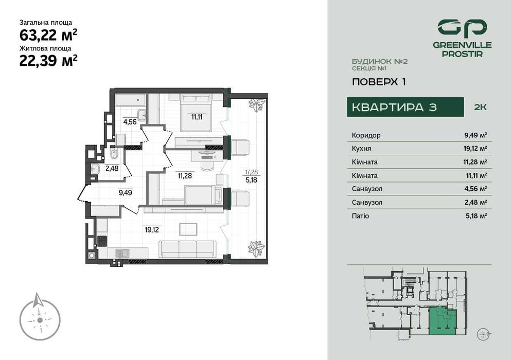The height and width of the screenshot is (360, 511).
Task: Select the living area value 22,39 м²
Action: (x=48, y=61)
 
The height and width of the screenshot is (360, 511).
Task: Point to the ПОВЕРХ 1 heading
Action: (x=375, y=82)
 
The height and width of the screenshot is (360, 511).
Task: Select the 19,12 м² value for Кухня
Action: (x=475, y=149)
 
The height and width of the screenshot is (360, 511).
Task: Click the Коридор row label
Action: (x=366, y=135)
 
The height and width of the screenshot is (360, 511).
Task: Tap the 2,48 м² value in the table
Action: (x=475, y=203)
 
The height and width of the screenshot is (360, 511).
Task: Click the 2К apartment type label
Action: (x=480, y=107)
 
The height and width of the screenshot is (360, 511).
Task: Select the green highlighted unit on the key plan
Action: (x=443, y=322)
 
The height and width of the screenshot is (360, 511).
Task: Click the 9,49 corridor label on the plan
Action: (x=125, y=193)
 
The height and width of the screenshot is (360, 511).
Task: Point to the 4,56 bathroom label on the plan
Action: (x=129, y=122)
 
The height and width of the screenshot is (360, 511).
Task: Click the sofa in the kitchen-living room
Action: (x=187, y=249)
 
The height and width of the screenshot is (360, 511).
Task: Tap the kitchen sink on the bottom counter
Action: (x=122, y=253)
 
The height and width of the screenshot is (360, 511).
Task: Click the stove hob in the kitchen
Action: (x=102, y=240)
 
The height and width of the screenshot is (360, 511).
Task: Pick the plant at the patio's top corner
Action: (x=256, y=105)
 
